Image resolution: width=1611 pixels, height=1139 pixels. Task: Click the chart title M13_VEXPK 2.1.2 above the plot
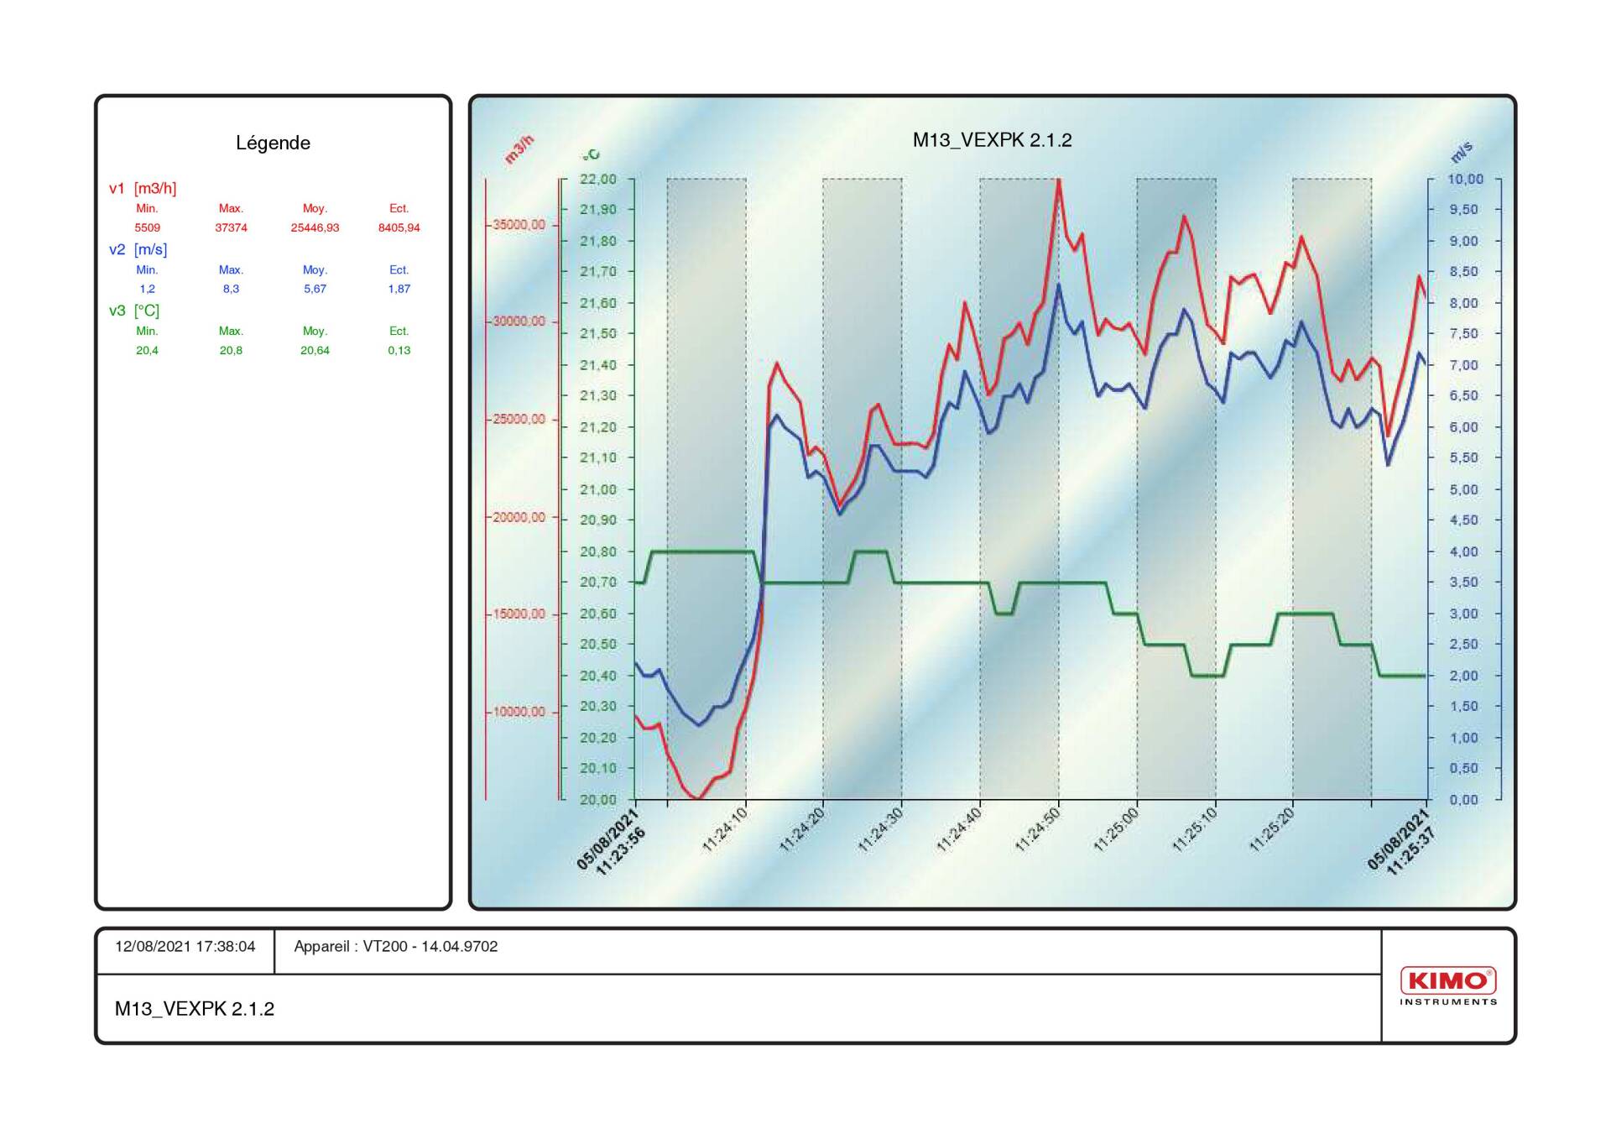click(992, 140)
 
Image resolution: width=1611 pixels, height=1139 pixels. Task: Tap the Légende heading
click(273, 143)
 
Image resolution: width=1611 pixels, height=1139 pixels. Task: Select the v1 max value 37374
click(231, 227)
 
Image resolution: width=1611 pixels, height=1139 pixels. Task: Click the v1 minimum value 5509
click(147, 227)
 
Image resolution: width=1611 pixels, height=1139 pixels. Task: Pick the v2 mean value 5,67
click(315, 289)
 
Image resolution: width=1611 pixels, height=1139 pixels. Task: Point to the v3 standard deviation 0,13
click(399, 350)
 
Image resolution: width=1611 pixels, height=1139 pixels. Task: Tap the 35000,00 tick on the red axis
click(519, 225)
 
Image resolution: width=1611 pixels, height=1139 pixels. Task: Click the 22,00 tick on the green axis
click(597, 179)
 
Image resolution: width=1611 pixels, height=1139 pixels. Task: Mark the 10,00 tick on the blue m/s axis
click(1465, 179)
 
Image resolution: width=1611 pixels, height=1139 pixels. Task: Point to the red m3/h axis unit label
click(519, 149)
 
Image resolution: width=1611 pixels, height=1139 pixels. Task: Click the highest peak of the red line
click(1059, 180)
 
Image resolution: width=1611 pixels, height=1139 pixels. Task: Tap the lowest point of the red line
click(698, 798)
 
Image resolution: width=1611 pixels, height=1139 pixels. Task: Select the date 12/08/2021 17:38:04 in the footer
click(185, 947)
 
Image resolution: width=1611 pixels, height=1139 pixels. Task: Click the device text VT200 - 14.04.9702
click(430, 947)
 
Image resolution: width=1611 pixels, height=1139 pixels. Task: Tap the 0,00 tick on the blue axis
click(1463, 800)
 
